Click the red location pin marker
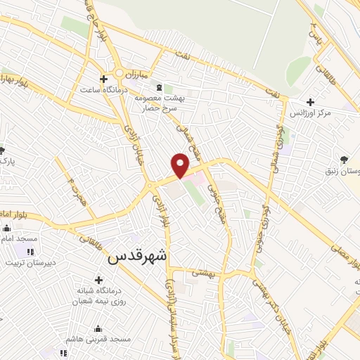tap(181, 165)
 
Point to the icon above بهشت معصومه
tap(158, 87)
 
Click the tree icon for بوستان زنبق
tap(344, 160)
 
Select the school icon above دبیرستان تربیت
tap(29, 252)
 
